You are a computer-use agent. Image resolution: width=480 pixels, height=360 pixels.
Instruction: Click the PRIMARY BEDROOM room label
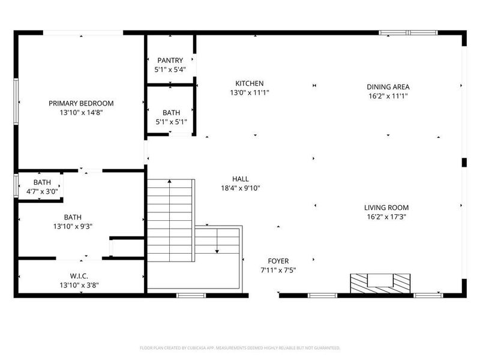point(81,103)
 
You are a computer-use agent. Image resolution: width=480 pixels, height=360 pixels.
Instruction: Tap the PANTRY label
point(170,61)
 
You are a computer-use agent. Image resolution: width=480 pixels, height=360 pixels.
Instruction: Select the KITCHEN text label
point(249,83)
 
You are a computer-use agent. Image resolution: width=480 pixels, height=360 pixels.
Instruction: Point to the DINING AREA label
point(388,87)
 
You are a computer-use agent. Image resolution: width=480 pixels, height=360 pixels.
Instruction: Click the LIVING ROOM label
point(386,208)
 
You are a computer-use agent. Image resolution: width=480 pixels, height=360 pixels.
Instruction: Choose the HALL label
point(241,179)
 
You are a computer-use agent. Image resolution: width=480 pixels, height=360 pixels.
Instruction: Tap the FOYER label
point(278,261)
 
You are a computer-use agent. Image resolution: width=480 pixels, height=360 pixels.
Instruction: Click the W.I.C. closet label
point(79,276)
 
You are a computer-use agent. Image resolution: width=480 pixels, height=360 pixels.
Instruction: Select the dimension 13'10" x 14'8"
point(81,112)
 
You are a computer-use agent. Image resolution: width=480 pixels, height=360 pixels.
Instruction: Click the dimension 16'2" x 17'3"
point(386,217)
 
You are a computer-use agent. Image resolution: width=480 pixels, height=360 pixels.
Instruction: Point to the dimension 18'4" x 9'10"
point(241,188)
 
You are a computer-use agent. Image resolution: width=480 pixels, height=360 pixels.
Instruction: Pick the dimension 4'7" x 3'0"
point(43,191)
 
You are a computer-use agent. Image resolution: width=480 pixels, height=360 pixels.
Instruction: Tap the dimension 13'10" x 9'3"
point(73,226)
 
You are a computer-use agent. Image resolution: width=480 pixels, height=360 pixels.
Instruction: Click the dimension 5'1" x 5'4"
point(170,70)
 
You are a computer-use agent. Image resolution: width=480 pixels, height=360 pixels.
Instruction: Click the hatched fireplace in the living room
point(381,281)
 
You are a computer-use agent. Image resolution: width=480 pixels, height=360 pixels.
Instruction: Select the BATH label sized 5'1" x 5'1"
point(171,113)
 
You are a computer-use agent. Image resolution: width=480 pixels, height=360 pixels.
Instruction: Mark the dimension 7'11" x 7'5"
point(278,270)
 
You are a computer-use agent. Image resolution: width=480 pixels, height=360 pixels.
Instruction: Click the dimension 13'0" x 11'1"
point(249,92)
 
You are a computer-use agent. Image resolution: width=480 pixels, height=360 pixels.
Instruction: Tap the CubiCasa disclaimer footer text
point(240,348)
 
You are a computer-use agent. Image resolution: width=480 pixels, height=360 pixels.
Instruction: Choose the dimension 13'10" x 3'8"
point(79,285)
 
